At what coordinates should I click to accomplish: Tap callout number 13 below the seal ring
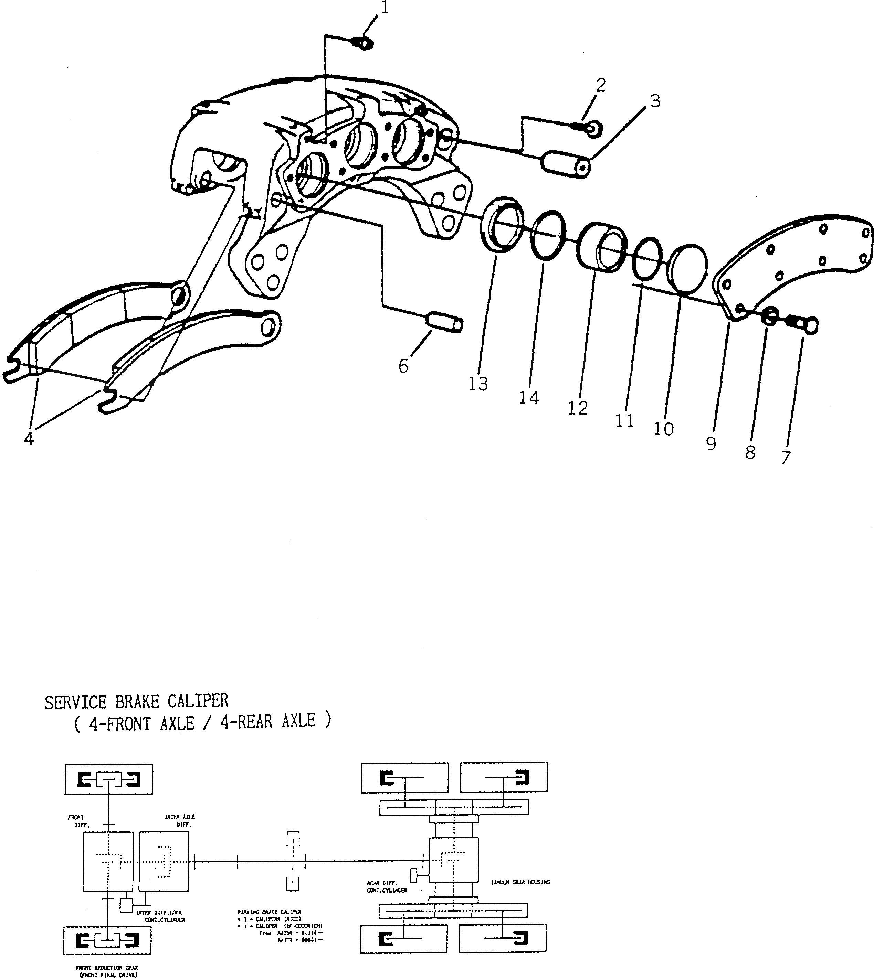[x=478, y=384]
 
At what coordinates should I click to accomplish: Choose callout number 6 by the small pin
[x=403, y=366]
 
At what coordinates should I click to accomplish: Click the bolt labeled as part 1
[x=364, y=44]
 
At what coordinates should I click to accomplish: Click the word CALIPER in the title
[x=198, y=701]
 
